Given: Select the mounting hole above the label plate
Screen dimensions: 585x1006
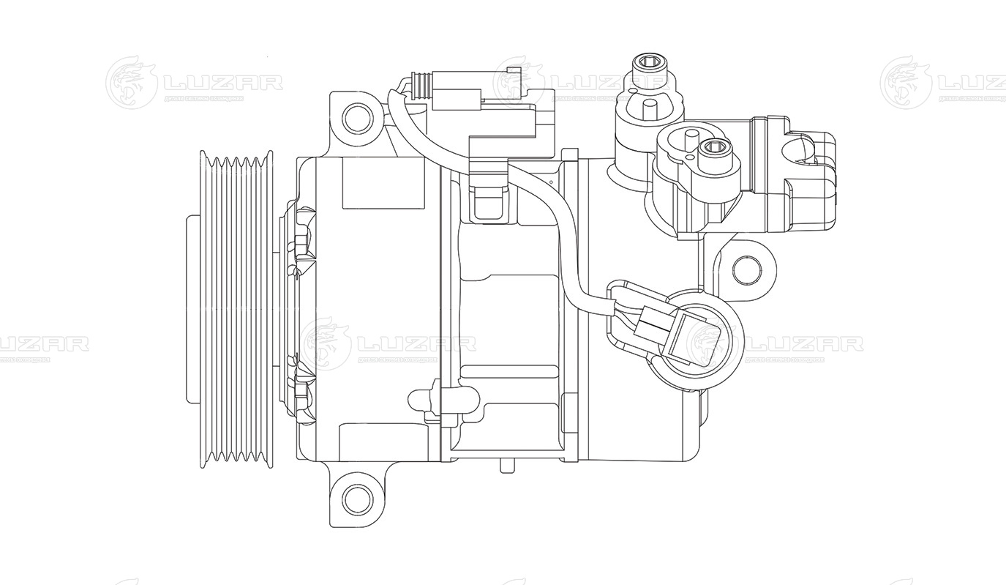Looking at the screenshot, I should point(359,117).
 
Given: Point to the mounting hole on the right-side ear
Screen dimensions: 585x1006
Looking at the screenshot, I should point(747,269).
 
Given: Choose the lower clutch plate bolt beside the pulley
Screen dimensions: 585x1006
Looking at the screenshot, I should point(302,380).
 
